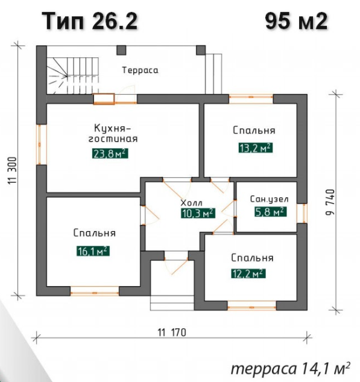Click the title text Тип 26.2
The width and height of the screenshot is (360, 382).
[x=90, y=21]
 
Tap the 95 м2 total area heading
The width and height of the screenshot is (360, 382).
[x=296, y=21]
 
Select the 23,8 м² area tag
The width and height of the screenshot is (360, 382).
[x=110, y=153]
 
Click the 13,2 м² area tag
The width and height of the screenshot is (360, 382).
[x=255, y=148]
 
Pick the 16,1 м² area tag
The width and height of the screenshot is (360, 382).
[x=93, y=250]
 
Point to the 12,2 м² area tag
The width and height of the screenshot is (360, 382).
[x=248, y=273]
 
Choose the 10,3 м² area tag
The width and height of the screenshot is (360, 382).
[x=198, y=213]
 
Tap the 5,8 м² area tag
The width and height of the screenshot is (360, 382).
[x=270, y=211]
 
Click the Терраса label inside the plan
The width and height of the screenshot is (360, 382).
[x=141, y=70]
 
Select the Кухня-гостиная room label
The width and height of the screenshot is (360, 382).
[x=113, y=133]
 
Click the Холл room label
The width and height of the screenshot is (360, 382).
[x=192, y=202]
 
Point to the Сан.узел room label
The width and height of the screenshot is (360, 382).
[x=269, y=199]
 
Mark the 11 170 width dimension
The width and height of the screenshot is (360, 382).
[x=172, y=333]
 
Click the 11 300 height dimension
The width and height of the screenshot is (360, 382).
[x=13, y=171]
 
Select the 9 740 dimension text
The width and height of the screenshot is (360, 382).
[x=330, y=202]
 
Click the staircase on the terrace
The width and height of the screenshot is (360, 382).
[x=72, y=75]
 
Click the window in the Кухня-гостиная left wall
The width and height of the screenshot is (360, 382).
[x=42, y=145]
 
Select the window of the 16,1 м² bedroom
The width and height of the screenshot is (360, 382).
[x=95, y=291]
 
